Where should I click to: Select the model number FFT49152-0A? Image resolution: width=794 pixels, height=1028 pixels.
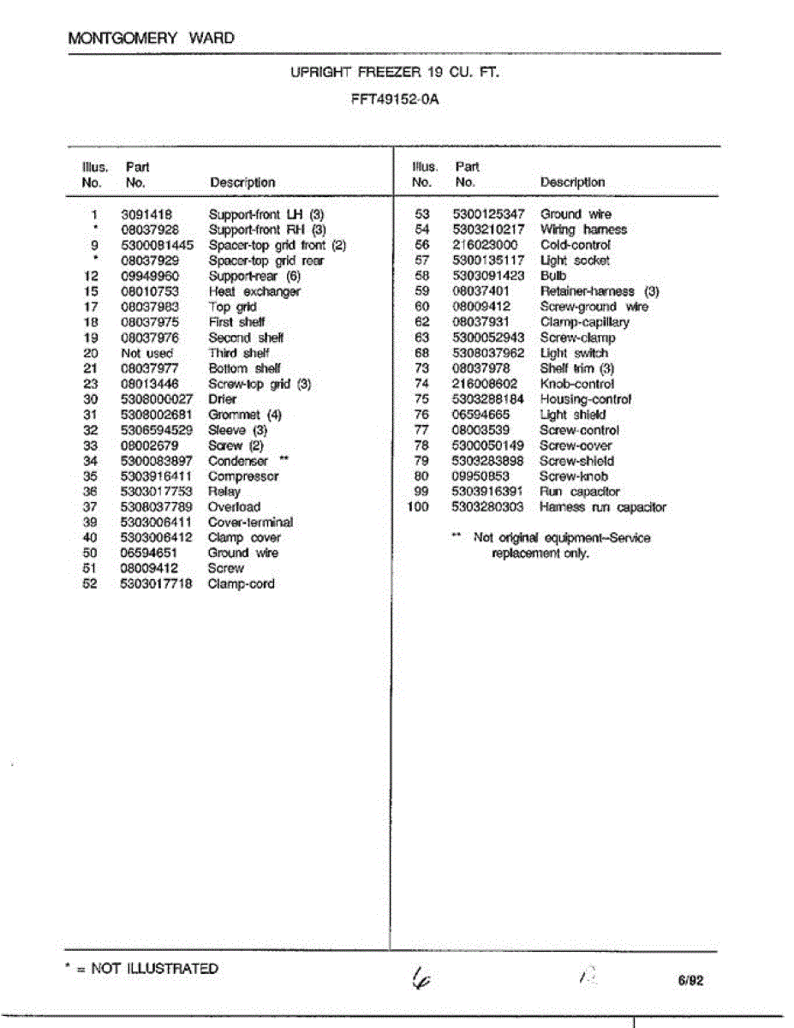click(x=395, y=99)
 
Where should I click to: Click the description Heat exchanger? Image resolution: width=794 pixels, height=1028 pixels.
click(x=254, y=291)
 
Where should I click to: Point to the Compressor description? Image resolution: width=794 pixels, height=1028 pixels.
click(x=243, y=476)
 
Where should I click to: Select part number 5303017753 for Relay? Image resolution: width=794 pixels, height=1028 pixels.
click(x=157, y=492)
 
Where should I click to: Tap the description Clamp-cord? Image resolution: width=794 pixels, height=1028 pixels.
click(x=242, y=584)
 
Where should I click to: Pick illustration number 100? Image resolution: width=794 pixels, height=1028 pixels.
click(x=417, y=507)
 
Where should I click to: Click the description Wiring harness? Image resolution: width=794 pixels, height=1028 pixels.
click(x=583, y=230)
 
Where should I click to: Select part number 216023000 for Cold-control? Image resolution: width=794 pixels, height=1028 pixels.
click(x=485, y=245)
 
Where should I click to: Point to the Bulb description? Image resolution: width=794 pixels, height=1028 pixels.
click(x=552, y=276)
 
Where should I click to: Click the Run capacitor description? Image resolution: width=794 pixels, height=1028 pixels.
click(x=580, y=492)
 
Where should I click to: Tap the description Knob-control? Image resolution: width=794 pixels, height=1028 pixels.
click(x=576, y=384)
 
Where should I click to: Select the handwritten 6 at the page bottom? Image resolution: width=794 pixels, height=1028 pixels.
click(x=420, y=977)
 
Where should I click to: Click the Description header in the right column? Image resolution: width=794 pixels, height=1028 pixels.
click(x=572, y=182)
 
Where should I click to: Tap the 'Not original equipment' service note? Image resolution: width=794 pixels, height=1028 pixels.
click(x=561, y=545)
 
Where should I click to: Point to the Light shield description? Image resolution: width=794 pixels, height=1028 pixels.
click(x=573, y=415)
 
